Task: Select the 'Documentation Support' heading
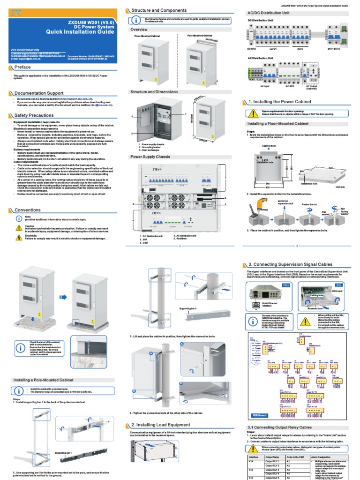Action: [x=39, y=93]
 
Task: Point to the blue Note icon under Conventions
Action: [x=19, y=218]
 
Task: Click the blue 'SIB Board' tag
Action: [x=260, y=415]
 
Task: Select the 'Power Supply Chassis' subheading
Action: [x=150, y=157]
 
